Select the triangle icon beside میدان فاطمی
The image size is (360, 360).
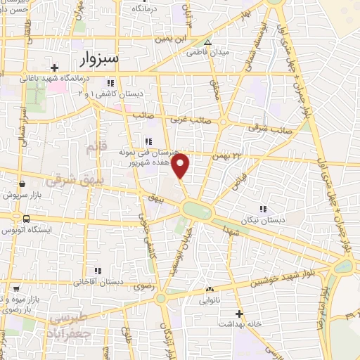(207, 41)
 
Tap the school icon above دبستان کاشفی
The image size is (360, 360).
(113, 81)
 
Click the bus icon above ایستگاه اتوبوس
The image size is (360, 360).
(26, 219)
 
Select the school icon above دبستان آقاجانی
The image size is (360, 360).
(98, 271)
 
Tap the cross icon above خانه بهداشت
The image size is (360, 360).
(240, 313)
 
